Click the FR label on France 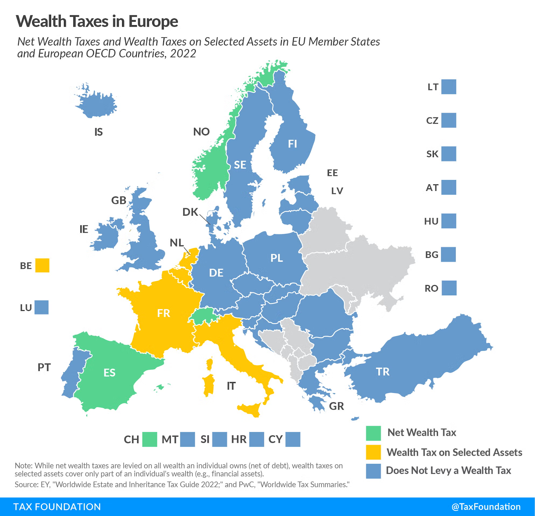click(x=164, y=313)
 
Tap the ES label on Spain click(x=109, y=373)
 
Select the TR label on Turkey click(x=383, y=372)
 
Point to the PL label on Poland click(x=277, y=258)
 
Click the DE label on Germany click(x=216, y=273)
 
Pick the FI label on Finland click(x=292, y=144)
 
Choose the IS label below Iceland click(x=98, y=132)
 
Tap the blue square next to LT click(x=448, y=87)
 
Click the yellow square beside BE click(x=42, y=266)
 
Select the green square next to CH click(x=149, y=439)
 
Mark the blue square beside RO click(x=449, y=288)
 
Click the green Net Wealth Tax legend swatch click(x=373, y=433)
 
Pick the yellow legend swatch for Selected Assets click(x=373, y=452)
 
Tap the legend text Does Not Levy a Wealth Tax click(x=448, y=471)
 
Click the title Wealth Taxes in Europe click(x=97, y=21)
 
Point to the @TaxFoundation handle click(x=486, y=507)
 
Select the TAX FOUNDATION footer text click(x=57, y=507)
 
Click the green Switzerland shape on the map click(x=204, y=316)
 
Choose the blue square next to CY click(x=293, y=439)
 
